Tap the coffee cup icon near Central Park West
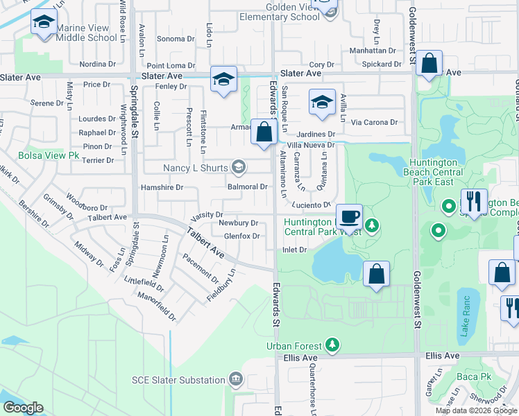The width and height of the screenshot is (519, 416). point(350,216)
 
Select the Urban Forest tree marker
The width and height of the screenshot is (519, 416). point(333,345)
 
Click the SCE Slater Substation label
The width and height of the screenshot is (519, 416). point(179,380)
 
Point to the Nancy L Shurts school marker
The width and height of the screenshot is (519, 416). point(239,166)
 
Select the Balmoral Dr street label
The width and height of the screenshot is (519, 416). point(248,187)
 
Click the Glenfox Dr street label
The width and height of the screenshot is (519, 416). point(241,236)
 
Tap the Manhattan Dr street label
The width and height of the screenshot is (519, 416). point(372,51)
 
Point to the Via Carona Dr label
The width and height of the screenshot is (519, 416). point(374,122)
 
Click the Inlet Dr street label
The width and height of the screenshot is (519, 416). point(294,250)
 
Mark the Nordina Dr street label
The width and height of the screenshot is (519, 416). point(97,64)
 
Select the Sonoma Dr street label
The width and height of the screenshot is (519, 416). point(171,39)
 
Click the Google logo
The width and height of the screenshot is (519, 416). point(23,407)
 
